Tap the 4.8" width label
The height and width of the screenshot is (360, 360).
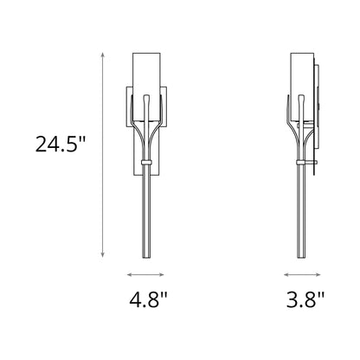(148, 302)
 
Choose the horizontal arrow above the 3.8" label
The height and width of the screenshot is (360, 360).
(304, 274)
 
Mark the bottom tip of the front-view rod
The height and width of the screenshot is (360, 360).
(148, 256)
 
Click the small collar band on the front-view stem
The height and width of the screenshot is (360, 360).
(148, 161)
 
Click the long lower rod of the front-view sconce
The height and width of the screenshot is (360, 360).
(148, 212)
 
